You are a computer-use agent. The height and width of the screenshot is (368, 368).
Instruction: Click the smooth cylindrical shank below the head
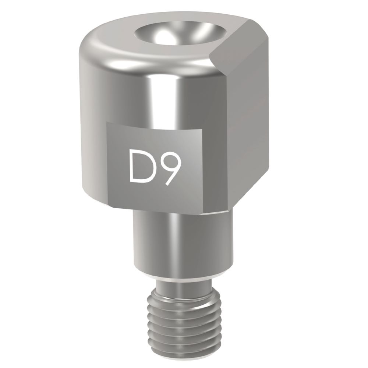tap(180, 243)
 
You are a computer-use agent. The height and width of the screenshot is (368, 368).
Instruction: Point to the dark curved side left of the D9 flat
tap(90, 147)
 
